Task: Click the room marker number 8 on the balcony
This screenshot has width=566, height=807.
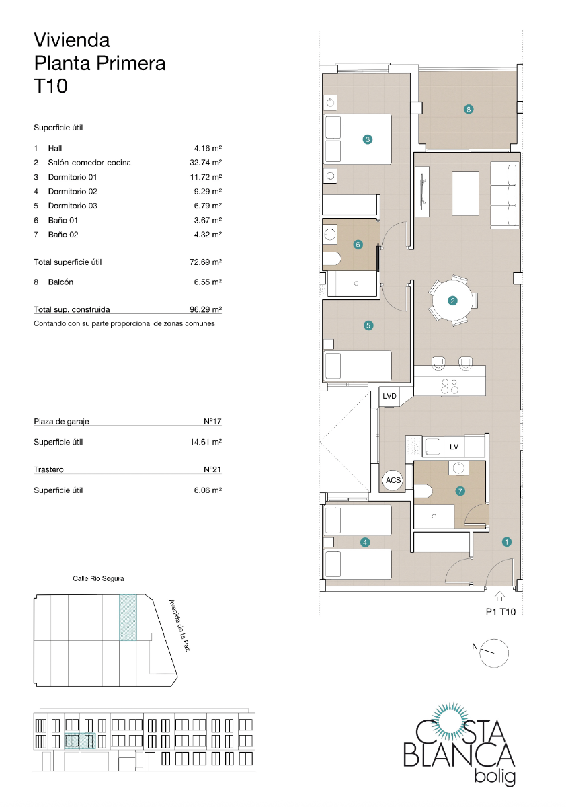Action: [469, 109]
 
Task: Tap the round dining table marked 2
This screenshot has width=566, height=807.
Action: [452, 301]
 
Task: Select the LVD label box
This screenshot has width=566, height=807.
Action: [390, 396]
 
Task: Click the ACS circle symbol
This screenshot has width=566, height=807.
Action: [393, 480]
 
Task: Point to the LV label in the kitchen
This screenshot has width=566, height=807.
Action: [454, 447]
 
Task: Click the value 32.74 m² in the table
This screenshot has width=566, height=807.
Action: [206, 163]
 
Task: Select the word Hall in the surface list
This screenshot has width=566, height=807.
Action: [55, 148]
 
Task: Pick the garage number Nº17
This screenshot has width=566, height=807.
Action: [212, 422]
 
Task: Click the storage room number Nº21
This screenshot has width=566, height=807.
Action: [212, 470]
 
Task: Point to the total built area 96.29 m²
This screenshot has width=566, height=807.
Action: [206, 310]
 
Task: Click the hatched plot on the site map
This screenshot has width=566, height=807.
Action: [128, 617]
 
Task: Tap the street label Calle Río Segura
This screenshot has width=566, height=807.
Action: [98, 578]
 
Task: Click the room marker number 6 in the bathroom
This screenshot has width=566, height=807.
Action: [358, 245]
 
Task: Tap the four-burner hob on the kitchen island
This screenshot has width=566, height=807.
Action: [449, 386]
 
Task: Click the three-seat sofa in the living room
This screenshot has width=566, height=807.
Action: [504, 195]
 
